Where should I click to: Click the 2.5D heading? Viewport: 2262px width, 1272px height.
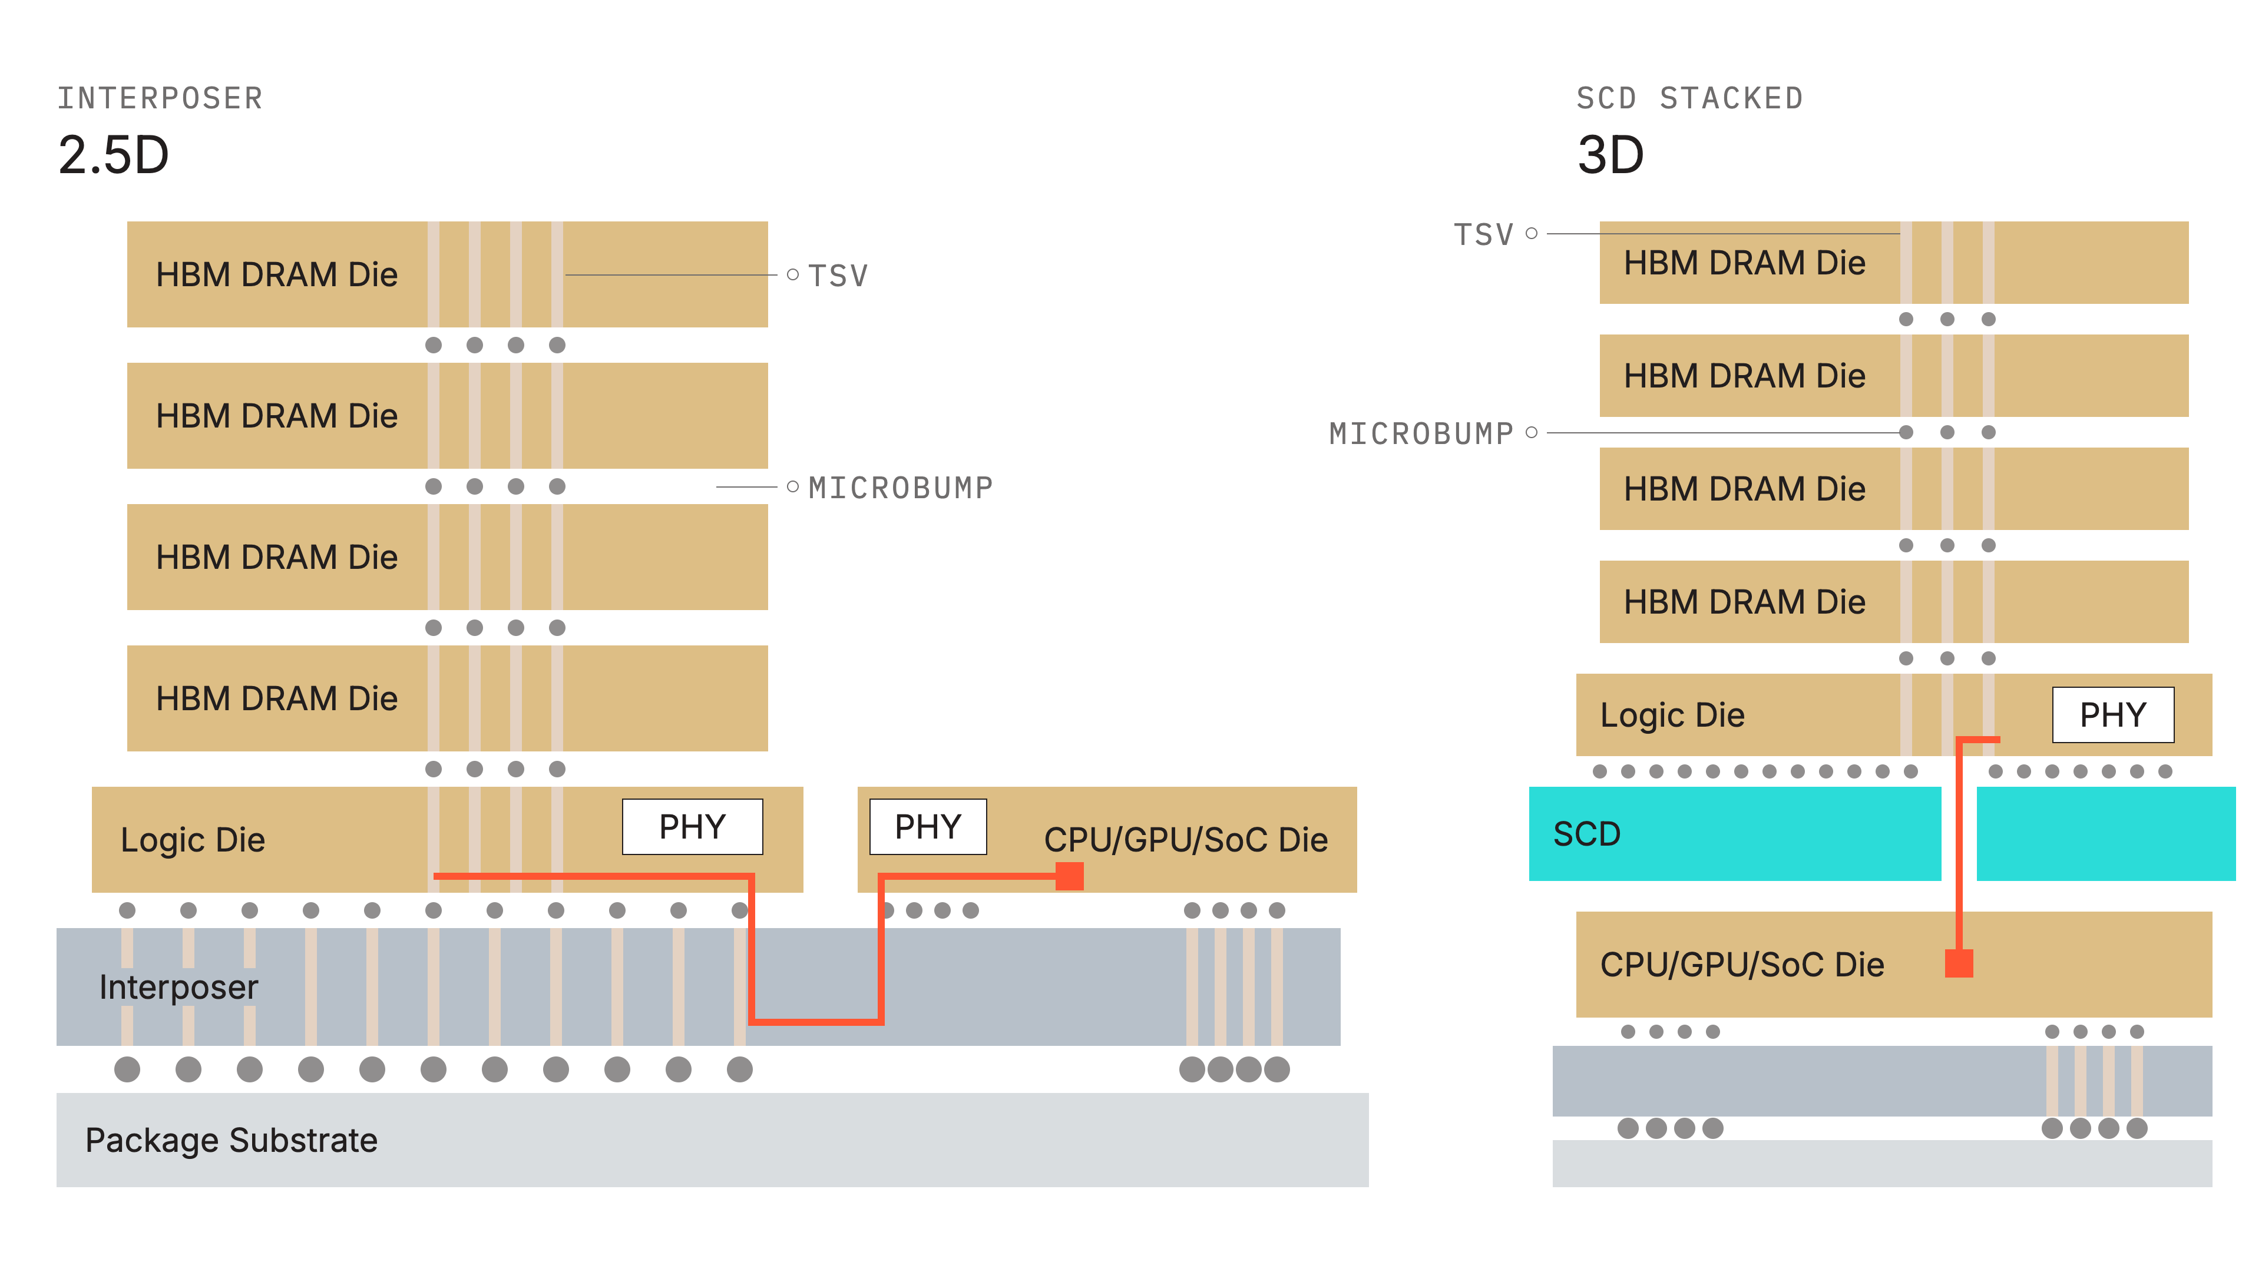pyautogui.click(x=113, y=155)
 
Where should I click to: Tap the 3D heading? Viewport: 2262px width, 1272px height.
pyautogui.click(x=1610, y=155)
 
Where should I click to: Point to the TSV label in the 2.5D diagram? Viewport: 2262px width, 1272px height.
pyautogui.click(x=838, y=276)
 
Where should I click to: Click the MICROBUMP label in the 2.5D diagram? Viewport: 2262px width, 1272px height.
pyautogui.click(x=901, y=487)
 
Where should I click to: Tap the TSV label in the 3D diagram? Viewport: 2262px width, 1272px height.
pyautogui.click(x=1484, y=234)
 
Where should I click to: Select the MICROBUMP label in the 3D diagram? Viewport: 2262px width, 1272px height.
pyautogui.click(x=1421, y=433)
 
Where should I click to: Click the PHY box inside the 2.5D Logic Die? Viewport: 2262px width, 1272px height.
pyautogui.click(x=692, y=826)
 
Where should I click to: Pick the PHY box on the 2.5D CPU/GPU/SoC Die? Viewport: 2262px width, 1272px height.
pyautogui.click(x=927, y=826)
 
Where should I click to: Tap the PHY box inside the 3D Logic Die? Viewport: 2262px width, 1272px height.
pyautogui.click(x=2113, y=714)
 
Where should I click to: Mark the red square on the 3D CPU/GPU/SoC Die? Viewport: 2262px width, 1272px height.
pyautogui.click(x=1959, y=963)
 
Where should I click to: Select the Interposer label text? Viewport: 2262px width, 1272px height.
pyautogui.click(x=179, y=987)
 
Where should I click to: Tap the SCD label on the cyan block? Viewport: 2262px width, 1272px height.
pyautogui.click(x=1587, y=833)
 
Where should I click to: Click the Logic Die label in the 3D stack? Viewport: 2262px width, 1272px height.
pyautogui.click(x=1672, y=714)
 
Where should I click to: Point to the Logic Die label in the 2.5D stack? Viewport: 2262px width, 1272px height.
pyautogui.click(x=192, y=839)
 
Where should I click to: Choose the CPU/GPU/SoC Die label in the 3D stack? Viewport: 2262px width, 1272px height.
pyautogui.click(x=1742, y=964)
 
